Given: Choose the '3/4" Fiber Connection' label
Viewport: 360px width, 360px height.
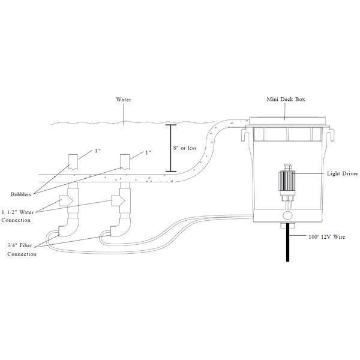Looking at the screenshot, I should tap(22, 249).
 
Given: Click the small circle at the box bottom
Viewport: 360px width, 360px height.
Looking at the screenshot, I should tap(286, 215).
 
